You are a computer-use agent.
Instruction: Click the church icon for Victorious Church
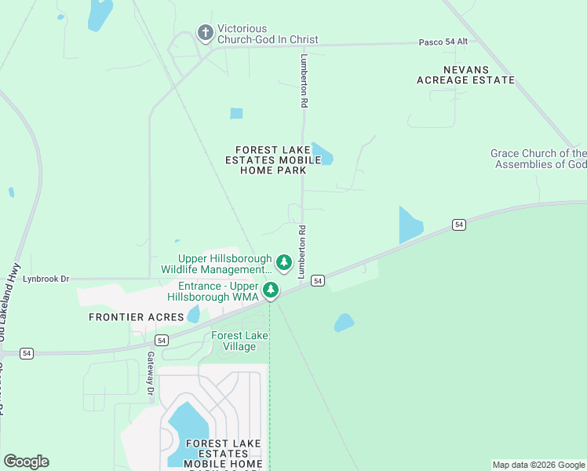click(x=205, y=33)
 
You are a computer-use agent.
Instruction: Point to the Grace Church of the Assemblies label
click(x=538, y=159)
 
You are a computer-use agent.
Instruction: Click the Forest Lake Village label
click(x=239, y=341)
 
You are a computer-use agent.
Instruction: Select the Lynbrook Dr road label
click(x=46, y=279)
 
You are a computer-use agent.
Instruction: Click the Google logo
click(x=26, y=462)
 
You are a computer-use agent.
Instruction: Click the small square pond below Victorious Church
click(x=236, y=113)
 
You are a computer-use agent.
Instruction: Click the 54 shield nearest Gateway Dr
click(x=162, y=340)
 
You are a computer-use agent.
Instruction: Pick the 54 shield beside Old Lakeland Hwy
click(x=27, y=353)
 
